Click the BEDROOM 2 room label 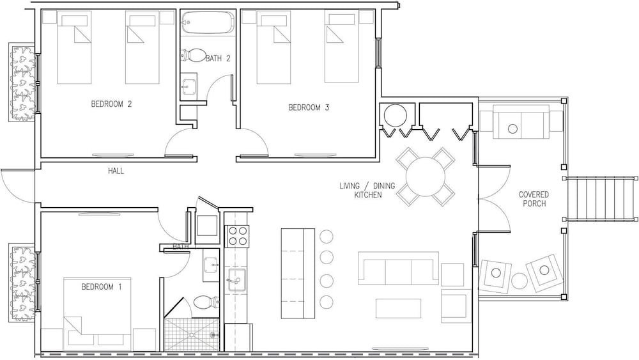click(111, 104)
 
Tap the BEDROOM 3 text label click(309, 107)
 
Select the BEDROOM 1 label click(102, 286)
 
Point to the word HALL click(116, 171)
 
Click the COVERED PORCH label click(534, 199)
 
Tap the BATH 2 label click(218, 58)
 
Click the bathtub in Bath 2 click(208, 23)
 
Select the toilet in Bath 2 click(194, 56)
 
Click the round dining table click(426, 176)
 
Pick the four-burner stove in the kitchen click(237, 236)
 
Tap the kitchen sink click(237, 279)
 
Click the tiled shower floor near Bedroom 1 click(192, 334)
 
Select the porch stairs click(602, 199)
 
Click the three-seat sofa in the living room click(398, 268)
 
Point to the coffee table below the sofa click(398, 308)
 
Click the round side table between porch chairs click(519, 281)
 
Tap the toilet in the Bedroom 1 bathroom click(206, 303)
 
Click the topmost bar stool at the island click(327, 237)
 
